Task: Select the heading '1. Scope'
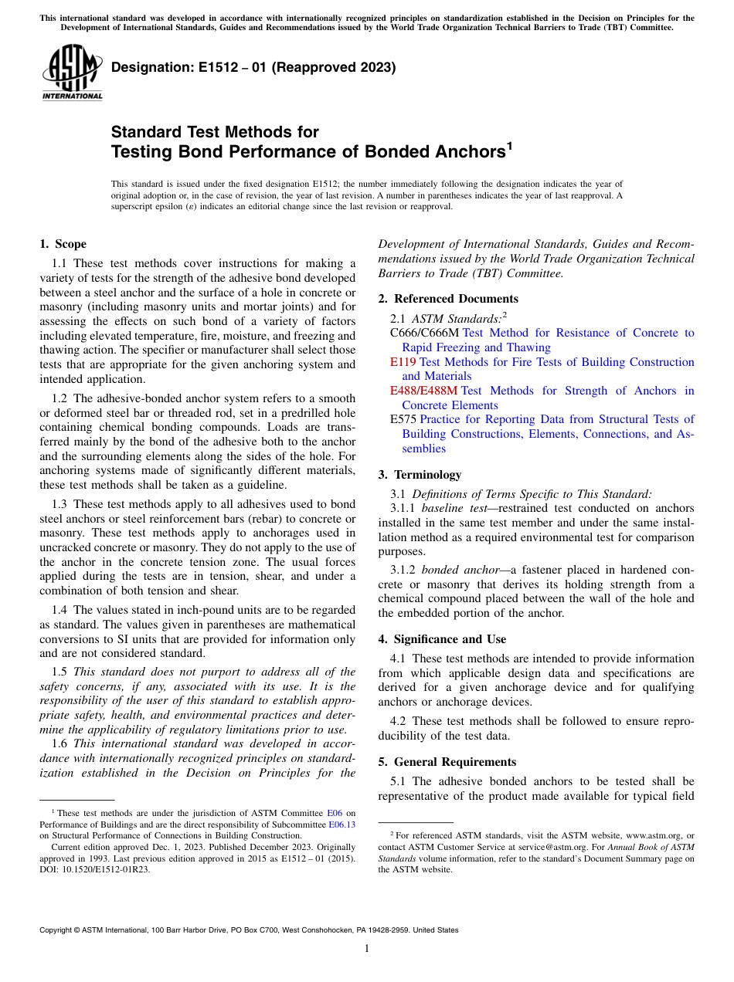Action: pyautogui.click(x=63, y=244)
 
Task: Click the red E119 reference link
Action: pyautogui.click(x=403, y=361)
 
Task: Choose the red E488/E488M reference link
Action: pyautogui.click(x=423, y=391)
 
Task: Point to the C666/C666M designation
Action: pyautogui.click(x=424, y=333)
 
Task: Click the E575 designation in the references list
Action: pyautogui.click(x=403, y=419)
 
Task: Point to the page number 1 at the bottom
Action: pyautogui.click(x=367, y=948)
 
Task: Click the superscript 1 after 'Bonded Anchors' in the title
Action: pyautogui.click(x=510, y=146)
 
